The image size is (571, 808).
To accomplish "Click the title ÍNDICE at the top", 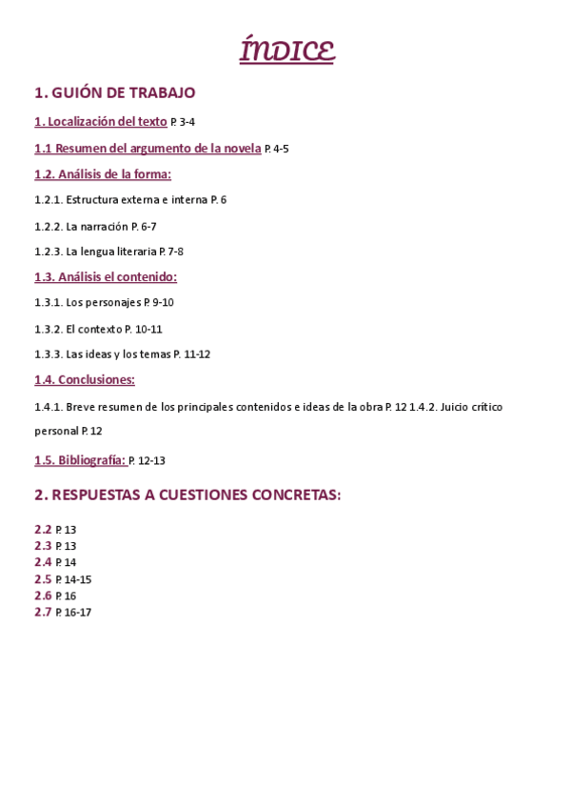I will click(286, 50).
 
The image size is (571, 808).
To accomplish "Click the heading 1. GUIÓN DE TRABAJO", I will click(114, 92).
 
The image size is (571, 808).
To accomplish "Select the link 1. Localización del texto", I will click(100, 121).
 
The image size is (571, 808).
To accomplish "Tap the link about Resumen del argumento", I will click(148, 148).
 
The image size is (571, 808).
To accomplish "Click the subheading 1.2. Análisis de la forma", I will click(103, 173).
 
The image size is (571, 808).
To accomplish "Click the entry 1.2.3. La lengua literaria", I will click(108, 251).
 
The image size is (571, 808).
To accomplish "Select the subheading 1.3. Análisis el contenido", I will click(106, 276).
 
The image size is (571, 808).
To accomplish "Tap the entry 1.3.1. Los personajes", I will click(104, 302).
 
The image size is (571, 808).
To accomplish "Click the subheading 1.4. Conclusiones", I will click(85, 379).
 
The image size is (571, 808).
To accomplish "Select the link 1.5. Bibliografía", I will click(80, 459).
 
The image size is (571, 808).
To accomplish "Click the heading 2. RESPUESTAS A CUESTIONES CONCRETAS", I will click(187, 495).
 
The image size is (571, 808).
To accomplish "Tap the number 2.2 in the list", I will click(43, 529).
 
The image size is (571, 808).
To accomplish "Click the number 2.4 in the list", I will click(43, 562).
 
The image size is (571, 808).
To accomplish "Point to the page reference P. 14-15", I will click(73, 579).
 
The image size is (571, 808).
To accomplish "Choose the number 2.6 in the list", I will click(43, 596).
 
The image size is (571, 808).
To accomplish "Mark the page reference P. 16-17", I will click(73, 613).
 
